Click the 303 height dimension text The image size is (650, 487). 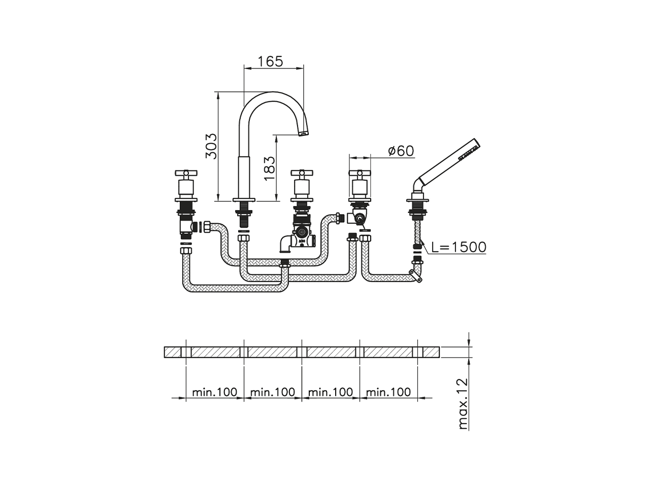[211, 146]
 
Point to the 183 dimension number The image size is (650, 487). [270, 167]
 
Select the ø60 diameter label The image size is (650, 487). [401, 151]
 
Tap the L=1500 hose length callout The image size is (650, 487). [459, 247]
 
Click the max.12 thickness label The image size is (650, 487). [463, 404]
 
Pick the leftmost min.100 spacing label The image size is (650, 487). [215, 392]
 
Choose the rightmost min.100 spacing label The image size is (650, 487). [388, 392]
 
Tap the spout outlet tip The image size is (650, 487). [303, 133]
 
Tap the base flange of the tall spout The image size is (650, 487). [244, 199]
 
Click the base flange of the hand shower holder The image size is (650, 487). [418, 199]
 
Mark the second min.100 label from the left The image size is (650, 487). [273, 392]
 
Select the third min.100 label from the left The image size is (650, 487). [331, 392]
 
